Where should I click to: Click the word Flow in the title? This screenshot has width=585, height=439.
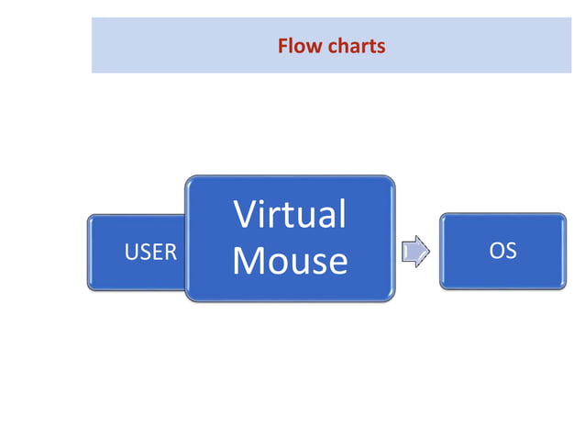pyautogui.click(x=299, y=45)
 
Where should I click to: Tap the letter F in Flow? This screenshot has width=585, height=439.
pyautogui.click(x=283, y=45)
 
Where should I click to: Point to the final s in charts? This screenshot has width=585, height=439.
pyautogui.click(x=381, y=46)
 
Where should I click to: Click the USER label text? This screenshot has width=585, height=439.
pyautogui.click(x=150, y=252)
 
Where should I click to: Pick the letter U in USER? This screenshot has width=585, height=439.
pyautogui.click(x=130, y=252)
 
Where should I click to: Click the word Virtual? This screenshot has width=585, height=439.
pyautogui.click(x=290, y=214)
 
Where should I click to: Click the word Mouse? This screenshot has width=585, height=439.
pyautogui.click(x=290, y=260)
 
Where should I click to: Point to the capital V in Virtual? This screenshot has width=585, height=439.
pyautogui.click(x=246, y=214)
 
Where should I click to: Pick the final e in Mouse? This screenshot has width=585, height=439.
pyautogui.click(x=337, y=264)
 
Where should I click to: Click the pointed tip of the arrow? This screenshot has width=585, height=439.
pyautogui.click(x=429, y=251)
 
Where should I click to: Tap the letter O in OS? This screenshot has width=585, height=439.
pyautogui.click(x=496, y=250)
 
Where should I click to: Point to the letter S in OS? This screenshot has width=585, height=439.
pyautogui.click(x=511, y=250)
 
